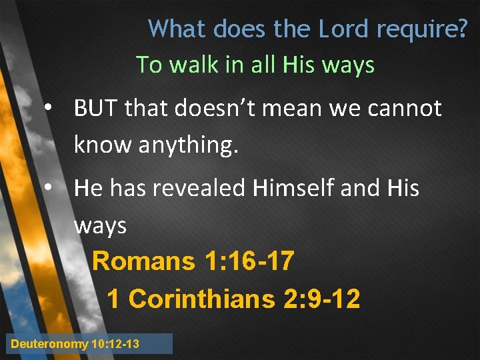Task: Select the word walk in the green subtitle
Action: [195, 65]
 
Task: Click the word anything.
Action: [189, 145]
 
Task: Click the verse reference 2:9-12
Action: [322, 299]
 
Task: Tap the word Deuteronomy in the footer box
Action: [50, 344]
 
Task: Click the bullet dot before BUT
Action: [48, 108]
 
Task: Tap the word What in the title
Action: [175, 29]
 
